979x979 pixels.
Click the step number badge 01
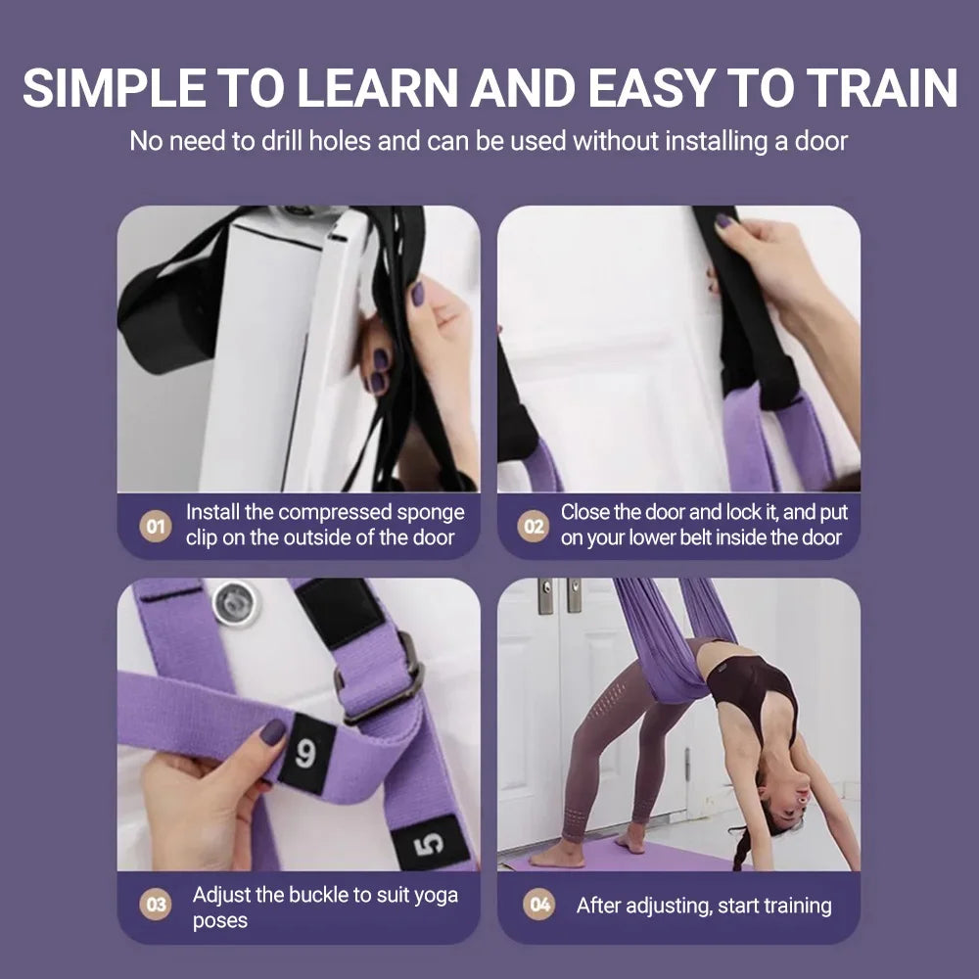[155, 526]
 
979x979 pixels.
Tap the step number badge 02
[533, 526]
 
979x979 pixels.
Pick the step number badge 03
[155, 906]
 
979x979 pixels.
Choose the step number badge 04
[539, 906]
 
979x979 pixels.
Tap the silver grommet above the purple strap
[236, 603]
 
